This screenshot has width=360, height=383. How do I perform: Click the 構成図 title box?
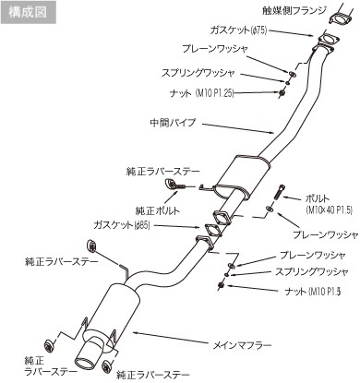coord(28,12)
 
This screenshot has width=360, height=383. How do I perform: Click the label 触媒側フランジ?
coord(294,11)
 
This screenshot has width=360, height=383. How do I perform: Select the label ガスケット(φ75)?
coord(238,30)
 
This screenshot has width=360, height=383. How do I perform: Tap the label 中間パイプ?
coord(173,123)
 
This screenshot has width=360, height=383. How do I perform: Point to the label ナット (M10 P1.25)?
coord(202,92)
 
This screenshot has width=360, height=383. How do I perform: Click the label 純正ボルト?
coord(158,210)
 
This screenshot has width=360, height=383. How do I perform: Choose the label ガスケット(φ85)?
coord(122,225)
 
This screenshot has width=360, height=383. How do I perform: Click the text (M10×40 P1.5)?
coord(329,209)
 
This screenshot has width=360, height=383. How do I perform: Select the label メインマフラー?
coord(243,345)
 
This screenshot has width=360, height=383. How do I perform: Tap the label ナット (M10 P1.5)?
coord(313,291)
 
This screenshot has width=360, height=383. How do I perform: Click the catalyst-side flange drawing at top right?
coord(340,17)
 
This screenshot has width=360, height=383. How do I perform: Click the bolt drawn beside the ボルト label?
coord(278,193)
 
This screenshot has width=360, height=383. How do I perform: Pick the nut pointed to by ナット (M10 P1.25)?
coord(282,92)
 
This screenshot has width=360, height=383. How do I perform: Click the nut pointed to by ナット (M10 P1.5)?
coord(221,285)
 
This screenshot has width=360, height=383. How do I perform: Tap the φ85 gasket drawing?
coord(212,230)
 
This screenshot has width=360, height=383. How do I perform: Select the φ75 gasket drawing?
coord(327,40)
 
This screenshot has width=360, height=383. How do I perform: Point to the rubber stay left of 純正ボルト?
coord(170,184)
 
